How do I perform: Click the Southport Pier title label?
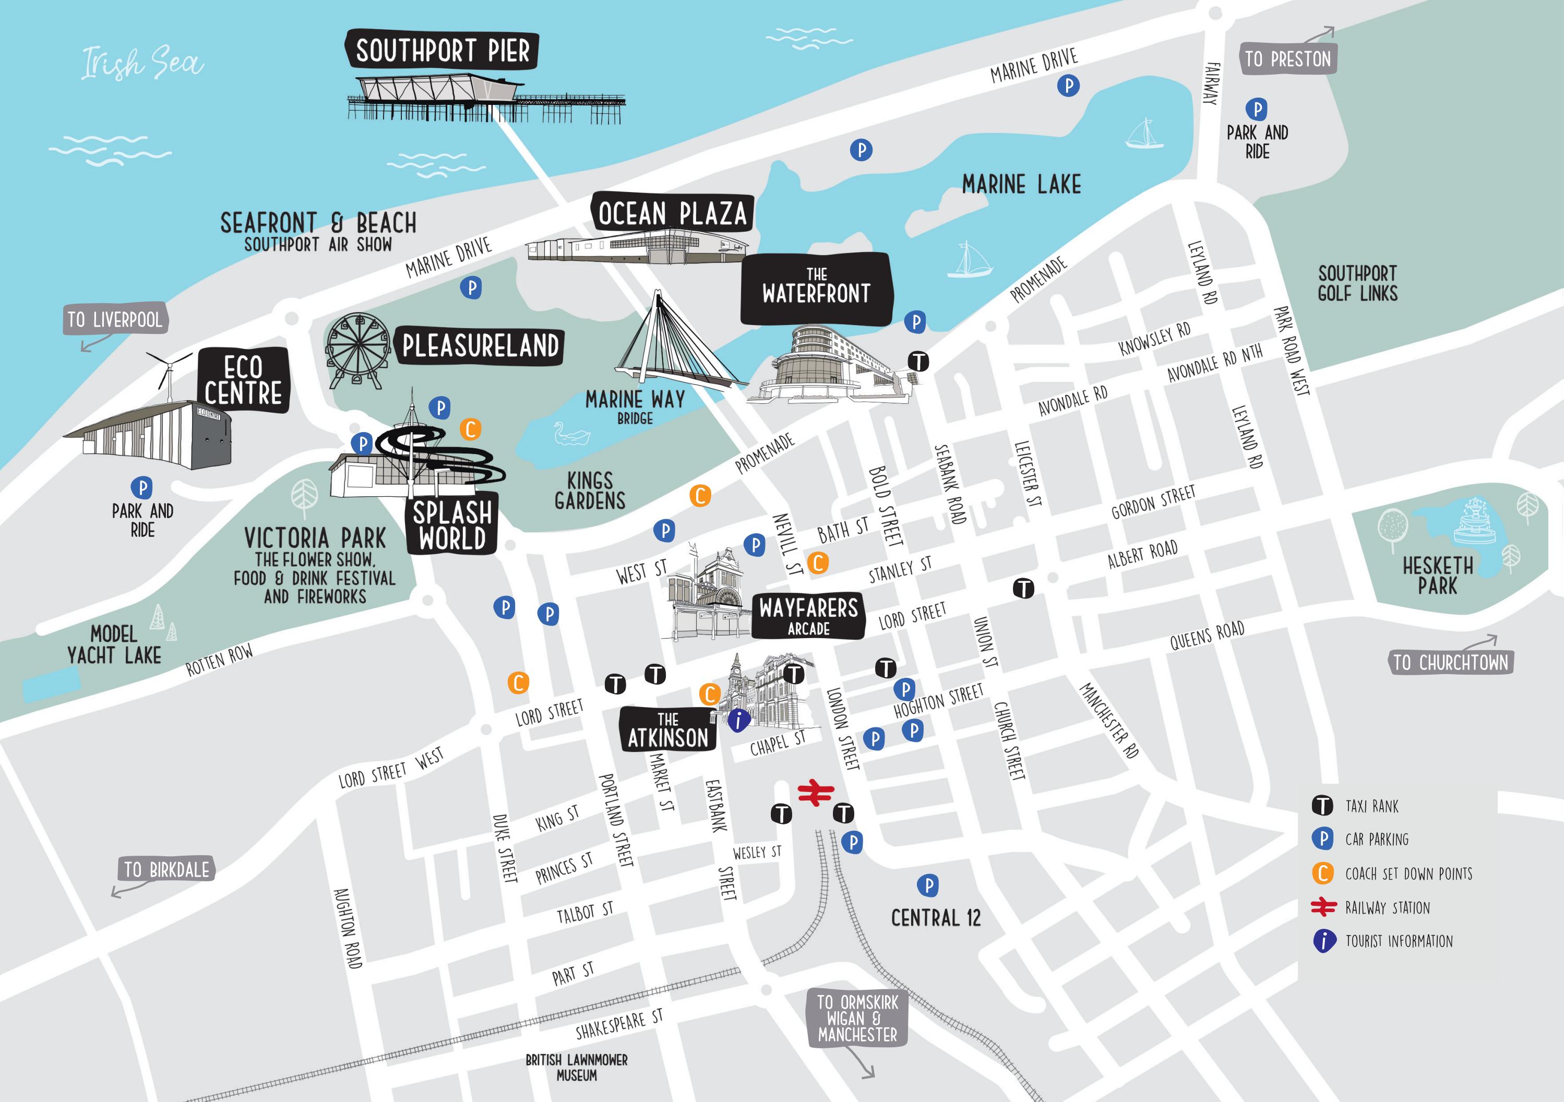(x=442, y=51)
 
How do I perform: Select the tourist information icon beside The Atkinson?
(x=738, y=720)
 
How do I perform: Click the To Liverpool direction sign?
(x=114, y=319)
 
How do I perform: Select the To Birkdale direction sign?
(x=166, y=870)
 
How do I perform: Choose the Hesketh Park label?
(x=1437, y=576)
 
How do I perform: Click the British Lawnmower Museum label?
(x=576, y=1067)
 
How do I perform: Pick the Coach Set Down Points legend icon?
(x=1322, y=873)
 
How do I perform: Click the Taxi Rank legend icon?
(x=1322, y=806)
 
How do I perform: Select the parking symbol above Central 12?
(x=927, y=885)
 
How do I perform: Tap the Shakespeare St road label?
(x=618, y=1025)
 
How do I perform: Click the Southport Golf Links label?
(x=1357, y=283)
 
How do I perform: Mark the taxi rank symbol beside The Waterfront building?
(x=919, y=361)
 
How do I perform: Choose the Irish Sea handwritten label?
(x=142, y=63)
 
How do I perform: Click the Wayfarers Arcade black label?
(x=808, y=615)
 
